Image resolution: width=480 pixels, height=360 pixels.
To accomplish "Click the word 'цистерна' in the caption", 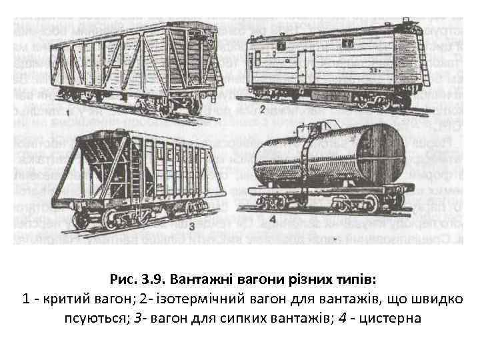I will [390, 317].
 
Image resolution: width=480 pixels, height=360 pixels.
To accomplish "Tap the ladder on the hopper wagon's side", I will [137, 181].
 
